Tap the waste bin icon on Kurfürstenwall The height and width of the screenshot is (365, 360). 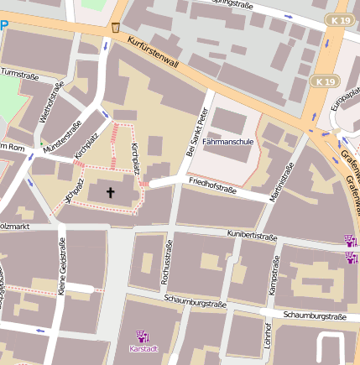[x=115, y=28]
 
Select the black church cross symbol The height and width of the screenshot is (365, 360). [x=109, y=192]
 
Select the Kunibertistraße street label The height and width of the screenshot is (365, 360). [x=252, y=237]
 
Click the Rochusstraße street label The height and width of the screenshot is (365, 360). [x=166, y=262]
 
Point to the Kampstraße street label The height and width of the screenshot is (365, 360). [x=274, y=274]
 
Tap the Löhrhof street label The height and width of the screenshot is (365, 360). [x=267, y=336]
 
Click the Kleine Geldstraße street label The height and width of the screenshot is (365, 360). [x=62, y=269]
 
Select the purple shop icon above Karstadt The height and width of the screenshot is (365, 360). [x=143, y=336]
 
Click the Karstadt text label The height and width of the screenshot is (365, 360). [x=143, y=348]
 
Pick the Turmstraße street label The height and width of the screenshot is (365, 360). [x=20, y=74]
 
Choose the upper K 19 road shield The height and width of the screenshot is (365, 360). [x=340, y=18]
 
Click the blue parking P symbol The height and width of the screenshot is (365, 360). [x=4, y=25]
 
